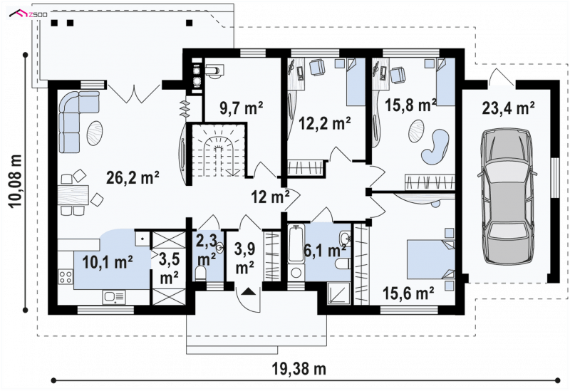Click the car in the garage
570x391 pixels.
[x=507, y=197]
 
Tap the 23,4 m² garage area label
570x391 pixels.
[x=508, y=108]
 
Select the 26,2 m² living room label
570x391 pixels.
[x=133, y=177]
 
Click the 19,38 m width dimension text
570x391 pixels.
[x=299, y=369]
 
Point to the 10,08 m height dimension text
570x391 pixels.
[x=16, y=181]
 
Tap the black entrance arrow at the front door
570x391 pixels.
[x=249, y=291]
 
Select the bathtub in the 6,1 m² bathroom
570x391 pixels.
[x=296, y=244]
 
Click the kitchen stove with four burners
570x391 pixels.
[x=66, y=277]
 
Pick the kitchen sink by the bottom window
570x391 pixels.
[x=114, y=297]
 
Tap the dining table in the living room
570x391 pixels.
[x=73, y=195]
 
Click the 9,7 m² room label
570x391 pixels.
[x=242, y=108]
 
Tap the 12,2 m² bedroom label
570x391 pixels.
[x=325, y=123]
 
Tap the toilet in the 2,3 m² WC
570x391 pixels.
[x=200, y=273]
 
